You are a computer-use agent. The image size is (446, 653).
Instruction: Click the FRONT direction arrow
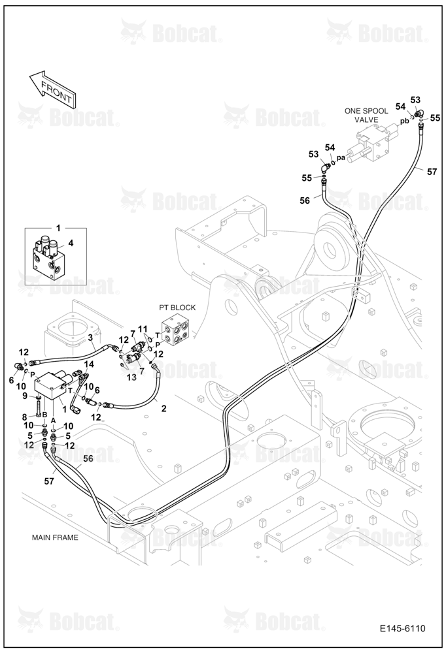52,88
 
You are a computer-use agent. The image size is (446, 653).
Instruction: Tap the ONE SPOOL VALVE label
366,116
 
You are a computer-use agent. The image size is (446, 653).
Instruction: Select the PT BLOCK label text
177,308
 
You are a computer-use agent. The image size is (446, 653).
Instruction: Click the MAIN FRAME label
55,537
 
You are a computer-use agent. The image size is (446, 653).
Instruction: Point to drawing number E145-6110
403,628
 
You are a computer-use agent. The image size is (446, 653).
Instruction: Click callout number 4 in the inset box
71,243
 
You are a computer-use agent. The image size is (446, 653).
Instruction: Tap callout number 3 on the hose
90,338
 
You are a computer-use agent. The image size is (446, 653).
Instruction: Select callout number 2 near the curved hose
163,409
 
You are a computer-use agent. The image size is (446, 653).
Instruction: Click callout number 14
89,364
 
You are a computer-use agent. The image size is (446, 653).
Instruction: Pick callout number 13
131,377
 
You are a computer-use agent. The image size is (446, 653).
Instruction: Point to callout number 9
25,395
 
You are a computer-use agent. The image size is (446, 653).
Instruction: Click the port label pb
404,121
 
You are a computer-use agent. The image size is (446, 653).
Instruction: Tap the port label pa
341,158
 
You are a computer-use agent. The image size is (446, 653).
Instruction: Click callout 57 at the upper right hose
432,171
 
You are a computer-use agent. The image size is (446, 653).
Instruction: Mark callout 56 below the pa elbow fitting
305,200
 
